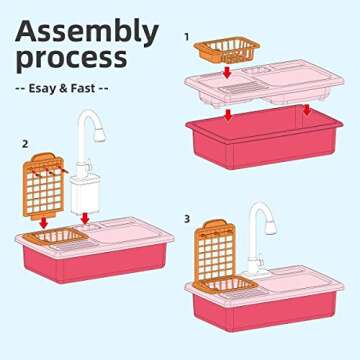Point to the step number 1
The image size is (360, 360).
186,36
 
